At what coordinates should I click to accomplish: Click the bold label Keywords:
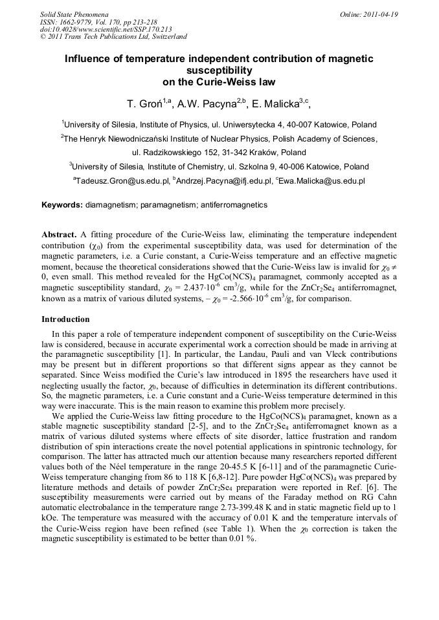[x=62, y=205]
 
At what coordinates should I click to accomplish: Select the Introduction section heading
[x=65, y=319]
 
